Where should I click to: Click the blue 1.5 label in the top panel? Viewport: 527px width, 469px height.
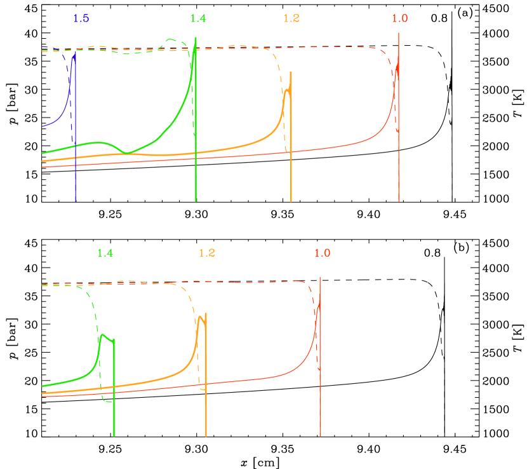click(x=81, y=18)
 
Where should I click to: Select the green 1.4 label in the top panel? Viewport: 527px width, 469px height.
click(x=198, y=18)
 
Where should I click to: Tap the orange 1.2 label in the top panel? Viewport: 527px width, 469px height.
click(x=291, y=18)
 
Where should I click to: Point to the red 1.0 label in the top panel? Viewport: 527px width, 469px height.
click(x=399, y=18)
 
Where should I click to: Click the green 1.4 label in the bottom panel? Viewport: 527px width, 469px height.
click(x=105, y=253)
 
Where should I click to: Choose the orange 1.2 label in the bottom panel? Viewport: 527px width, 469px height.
click(x=207, y=253)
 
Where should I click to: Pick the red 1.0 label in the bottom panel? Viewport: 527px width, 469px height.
click(x=322, y=253)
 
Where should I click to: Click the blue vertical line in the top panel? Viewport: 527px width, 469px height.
click(x=76, y=159)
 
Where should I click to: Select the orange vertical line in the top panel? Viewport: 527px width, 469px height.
click(x=291, y=172)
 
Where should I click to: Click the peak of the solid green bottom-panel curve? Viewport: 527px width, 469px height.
click(x=102, y=334)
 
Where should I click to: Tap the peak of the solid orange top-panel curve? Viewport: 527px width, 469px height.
click(x=288, y=89)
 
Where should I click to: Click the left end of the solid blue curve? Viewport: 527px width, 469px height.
click(x=43, y=126)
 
